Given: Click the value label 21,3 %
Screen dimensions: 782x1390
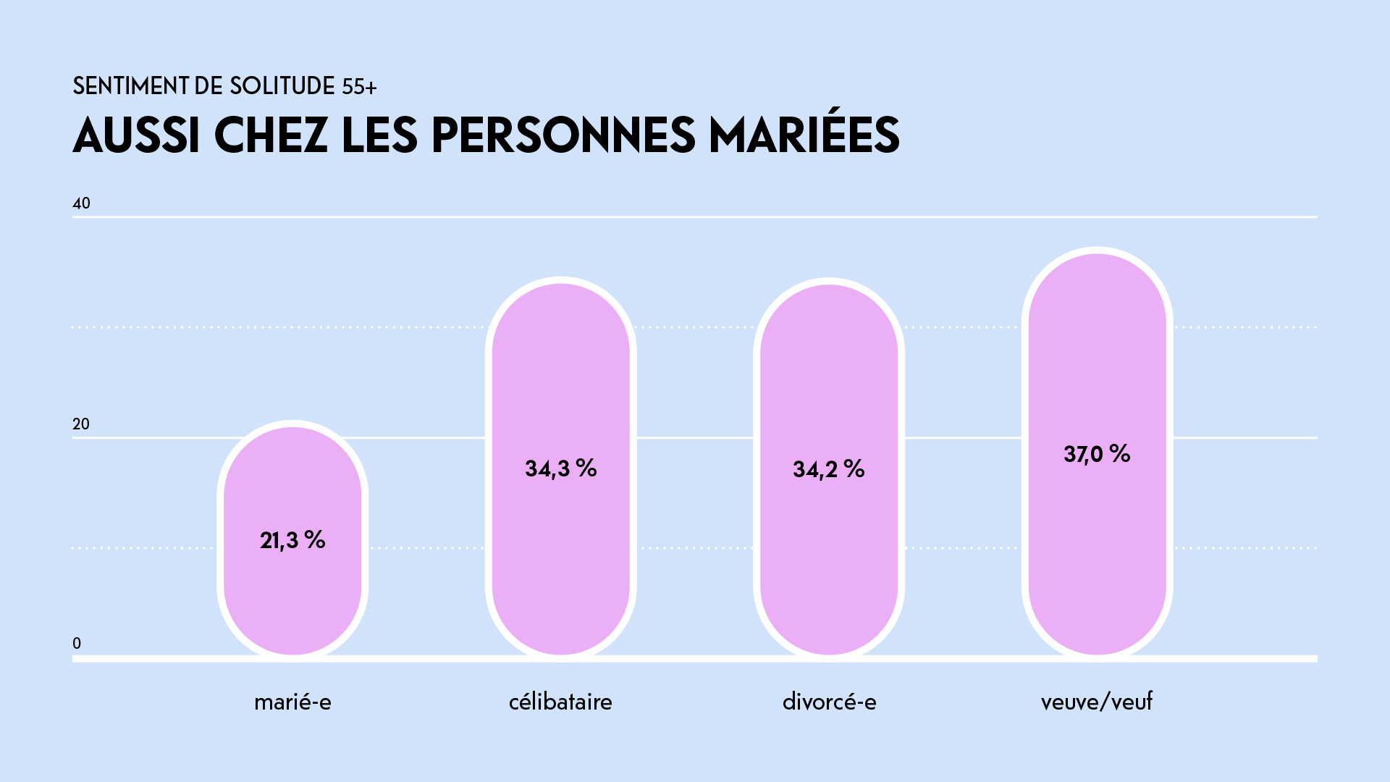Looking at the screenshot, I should coord(292,540).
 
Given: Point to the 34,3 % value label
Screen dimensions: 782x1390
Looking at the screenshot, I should coord(560,468).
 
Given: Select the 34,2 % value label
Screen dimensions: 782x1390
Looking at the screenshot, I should coord(829,469).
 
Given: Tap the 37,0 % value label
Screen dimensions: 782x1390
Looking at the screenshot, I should coord(1097,454).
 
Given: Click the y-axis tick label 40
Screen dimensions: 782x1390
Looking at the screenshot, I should coord(81,203).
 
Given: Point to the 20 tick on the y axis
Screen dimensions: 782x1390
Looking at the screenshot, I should coord(81,424).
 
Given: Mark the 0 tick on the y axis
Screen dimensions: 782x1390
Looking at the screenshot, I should coord(77,644).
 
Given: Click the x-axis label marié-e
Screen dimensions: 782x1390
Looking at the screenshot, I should coord(292,702).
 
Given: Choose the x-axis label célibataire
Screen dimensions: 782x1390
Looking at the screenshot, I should coord(560,702).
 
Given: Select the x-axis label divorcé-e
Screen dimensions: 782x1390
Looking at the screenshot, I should coord(829,702).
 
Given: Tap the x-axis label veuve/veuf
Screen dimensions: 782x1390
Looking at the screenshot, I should coord(1097,702).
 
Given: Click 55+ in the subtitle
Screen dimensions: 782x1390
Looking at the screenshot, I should coord(359,87).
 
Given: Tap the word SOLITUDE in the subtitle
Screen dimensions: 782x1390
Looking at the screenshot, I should coord(282,86).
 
